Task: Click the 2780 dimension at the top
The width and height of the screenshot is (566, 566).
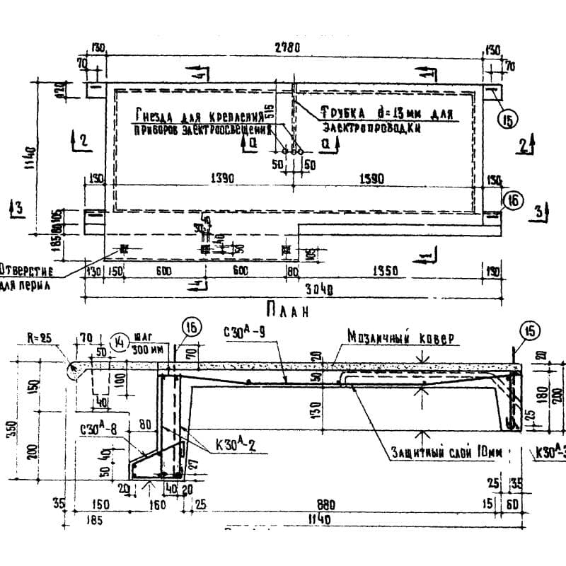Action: pyautogui.click(x=291, y=49)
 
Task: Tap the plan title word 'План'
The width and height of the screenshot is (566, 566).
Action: pyautogui.click(x=289, y=308)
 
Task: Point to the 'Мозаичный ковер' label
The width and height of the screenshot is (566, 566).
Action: pyautogui.click(x=397, y=338)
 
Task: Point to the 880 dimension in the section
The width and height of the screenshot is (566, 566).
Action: pyautogui.click(x=343, y=505)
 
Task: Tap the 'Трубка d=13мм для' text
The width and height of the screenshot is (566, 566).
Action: pyautogui.click(x=386, y=112)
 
